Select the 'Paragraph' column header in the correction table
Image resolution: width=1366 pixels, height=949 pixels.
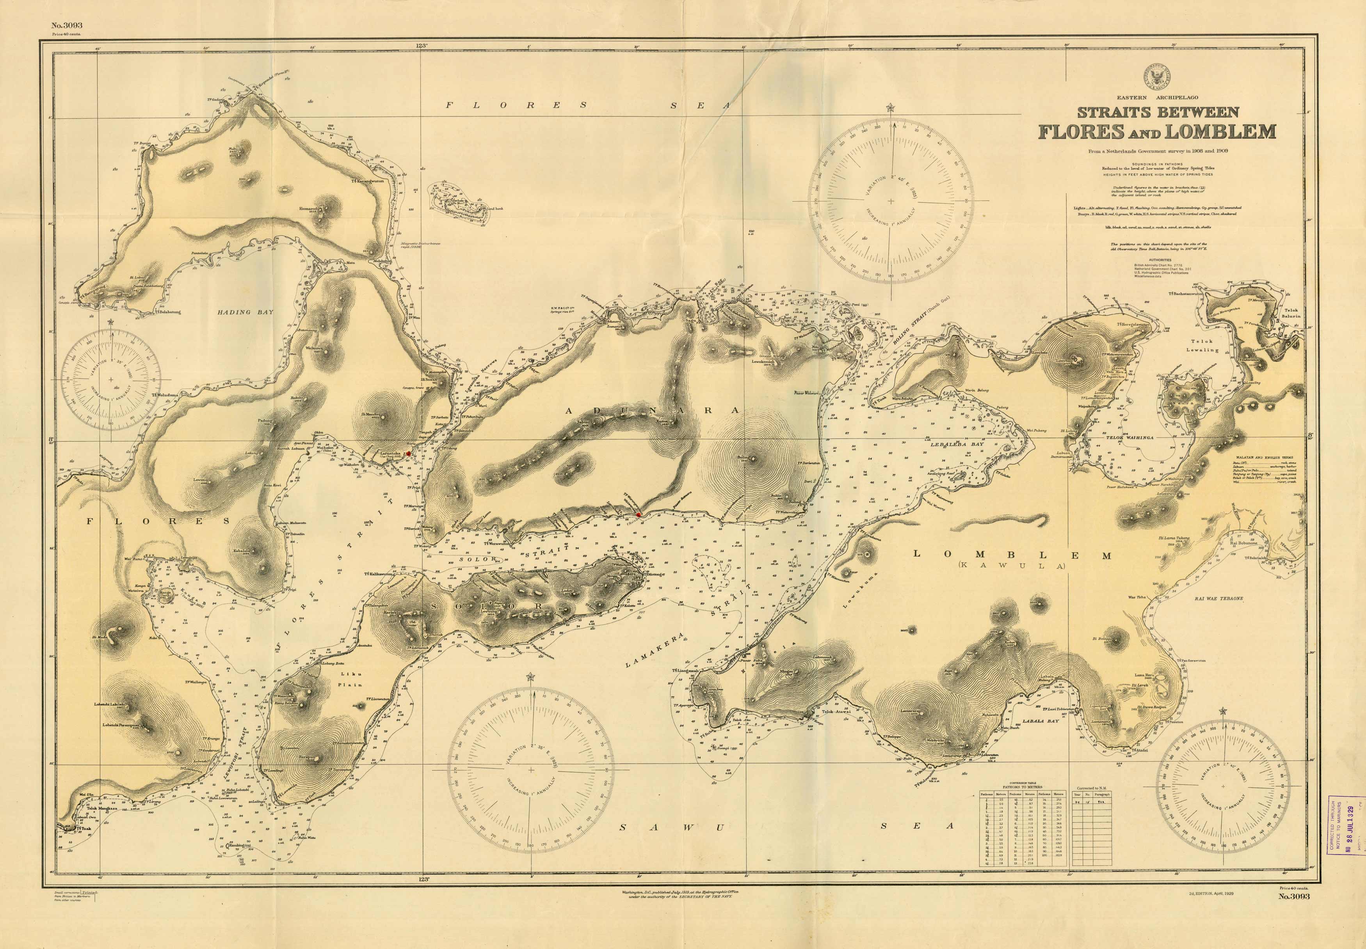[1102, 794]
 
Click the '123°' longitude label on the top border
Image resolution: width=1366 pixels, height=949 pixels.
[422, 46]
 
